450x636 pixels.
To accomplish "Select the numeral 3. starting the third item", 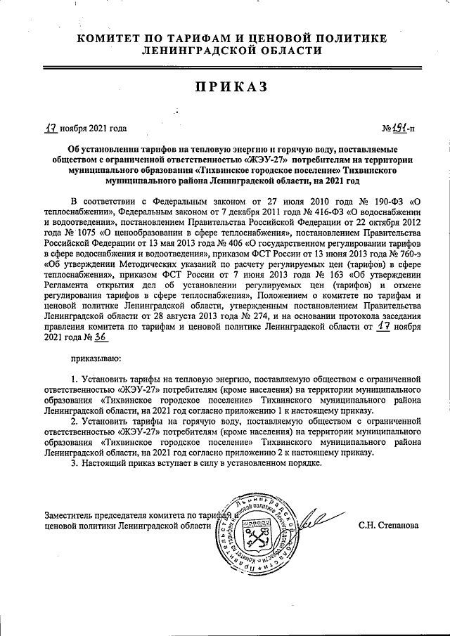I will [x=75, y=464].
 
